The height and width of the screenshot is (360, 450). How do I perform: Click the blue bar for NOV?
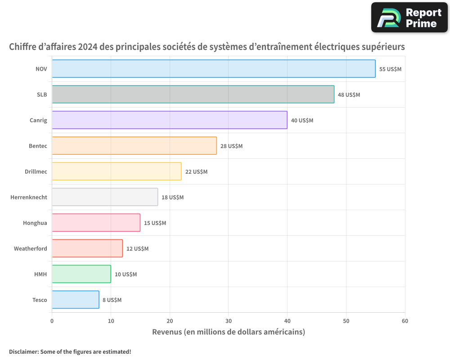(x=213, y=69)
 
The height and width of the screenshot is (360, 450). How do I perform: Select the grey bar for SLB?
(x=193, y=94)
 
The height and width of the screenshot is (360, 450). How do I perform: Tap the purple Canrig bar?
(x=169, y=120)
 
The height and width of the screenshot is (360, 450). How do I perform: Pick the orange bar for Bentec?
(x=134, y=146)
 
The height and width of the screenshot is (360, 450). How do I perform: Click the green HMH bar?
(x=81, y=274)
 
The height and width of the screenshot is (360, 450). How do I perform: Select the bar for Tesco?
(x=75, y=300)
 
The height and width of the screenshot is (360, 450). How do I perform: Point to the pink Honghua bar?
(x=96, y=223)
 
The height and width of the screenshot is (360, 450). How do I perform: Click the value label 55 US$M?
(x=390, y=69)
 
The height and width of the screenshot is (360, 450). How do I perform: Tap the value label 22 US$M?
(x=196, y=172)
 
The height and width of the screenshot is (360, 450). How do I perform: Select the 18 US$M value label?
(x=172, y=198)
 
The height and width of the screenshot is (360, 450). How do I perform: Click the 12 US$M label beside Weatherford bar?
(x=137, y=249)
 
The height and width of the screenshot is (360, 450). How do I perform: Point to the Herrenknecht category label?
(x=29, y=197)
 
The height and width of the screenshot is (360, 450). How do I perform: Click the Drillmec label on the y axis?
(x=36, y=171)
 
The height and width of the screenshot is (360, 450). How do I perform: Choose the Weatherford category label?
(x=30, y=248)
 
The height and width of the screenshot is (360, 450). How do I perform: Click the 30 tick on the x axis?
(x=228, y=321)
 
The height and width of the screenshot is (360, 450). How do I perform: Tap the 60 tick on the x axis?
(x=405, y=321)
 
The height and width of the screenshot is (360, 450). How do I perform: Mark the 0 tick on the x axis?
(x=52, y=321)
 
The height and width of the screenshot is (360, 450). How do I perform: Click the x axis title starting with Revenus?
(x=228, y=332)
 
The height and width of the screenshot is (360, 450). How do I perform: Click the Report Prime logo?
(x=409, y=18)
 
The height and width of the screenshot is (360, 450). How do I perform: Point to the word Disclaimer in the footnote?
(x=23, y=351)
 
